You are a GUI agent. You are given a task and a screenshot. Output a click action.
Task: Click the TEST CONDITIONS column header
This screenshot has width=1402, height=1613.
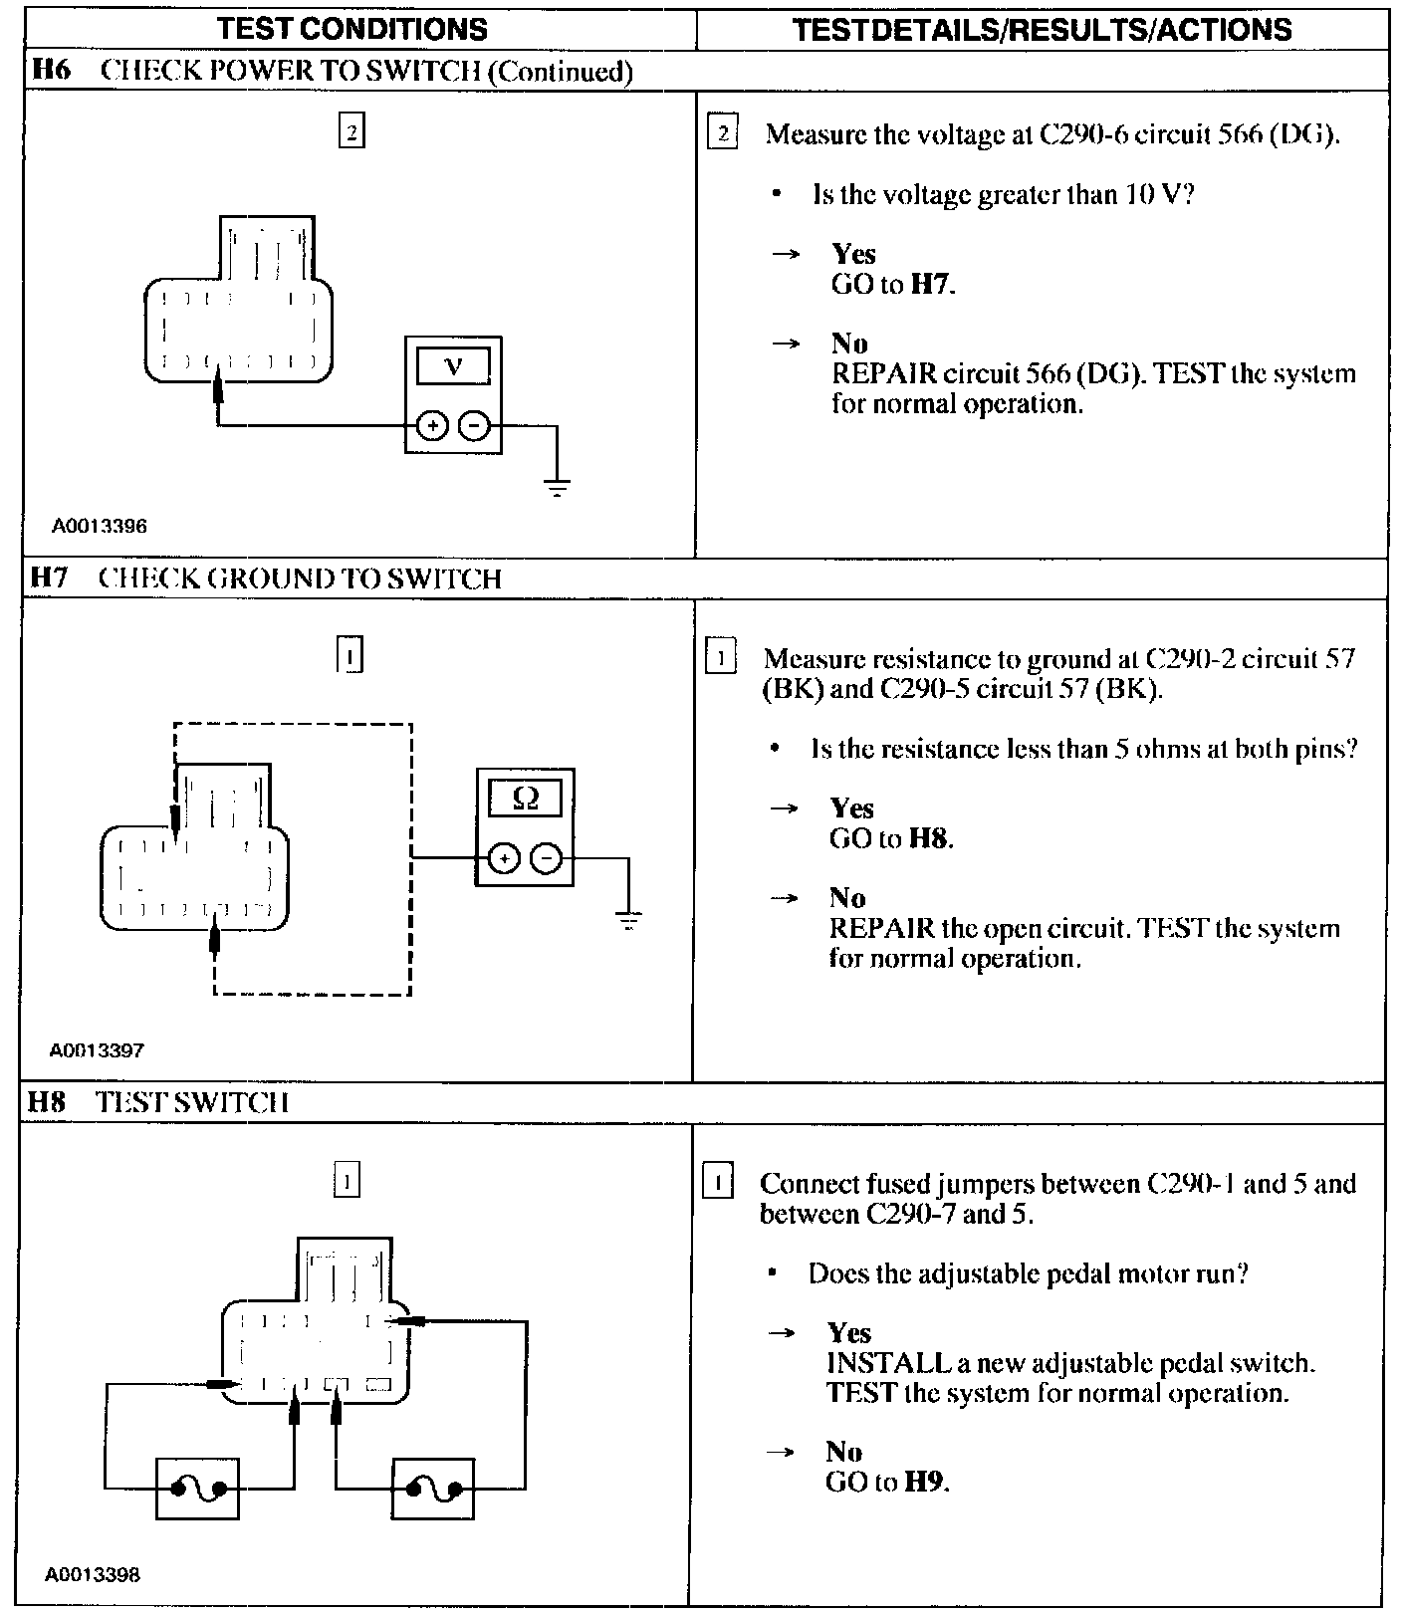click(352, 28)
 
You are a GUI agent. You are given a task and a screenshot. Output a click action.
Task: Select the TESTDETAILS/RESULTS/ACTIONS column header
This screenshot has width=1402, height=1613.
click(1042, 29)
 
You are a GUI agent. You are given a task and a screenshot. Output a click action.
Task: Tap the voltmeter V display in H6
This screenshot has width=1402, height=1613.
click(453, 365)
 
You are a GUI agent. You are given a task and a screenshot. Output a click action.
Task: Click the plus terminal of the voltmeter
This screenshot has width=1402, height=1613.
click(431, 426)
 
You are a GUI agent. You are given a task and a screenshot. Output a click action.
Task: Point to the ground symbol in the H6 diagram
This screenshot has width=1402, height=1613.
click(557, 488)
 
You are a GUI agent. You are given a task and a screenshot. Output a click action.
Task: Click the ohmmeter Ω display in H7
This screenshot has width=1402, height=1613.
click(525, 799)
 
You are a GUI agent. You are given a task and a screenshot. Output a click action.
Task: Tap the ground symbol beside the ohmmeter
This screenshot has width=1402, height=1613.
click(628, 920)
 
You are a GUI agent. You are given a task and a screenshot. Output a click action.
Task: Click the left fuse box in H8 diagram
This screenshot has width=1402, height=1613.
click(197, 1490)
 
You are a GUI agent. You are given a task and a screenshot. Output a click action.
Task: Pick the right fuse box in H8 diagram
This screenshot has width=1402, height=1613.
click(433, 1490)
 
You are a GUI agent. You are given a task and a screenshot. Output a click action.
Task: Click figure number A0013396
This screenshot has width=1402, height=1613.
click(100, 526)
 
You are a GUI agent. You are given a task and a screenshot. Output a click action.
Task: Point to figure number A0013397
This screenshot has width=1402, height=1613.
click(98, 1049)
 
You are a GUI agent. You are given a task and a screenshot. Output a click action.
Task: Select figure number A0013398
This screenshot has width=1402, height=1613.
click(93, 1574)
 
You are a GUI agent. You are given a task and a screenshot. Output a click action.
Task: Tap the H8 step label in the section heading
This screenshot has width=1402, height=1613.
click(46, 1102)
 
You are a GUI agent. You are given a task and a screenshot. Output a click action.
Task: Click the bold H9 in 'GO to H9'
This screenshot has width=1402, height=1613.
click(926, 1482)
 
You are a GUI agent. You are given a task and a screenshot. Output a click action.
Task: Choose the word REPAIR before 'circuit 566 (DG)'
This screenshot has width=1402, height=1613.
click(884, 374)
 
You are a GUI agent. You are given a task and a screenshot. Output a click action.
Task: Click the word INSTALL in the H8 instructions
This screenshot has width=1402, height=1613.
click(886, 1362)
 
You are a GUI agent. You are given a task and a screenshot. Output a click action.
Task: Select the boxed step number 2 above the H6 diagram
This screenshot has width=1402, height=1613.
click(351, 131)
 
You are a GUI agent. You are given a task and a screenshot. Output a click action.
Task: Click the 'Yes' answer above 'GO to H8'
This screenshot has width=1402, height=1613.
click(851, 808)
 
